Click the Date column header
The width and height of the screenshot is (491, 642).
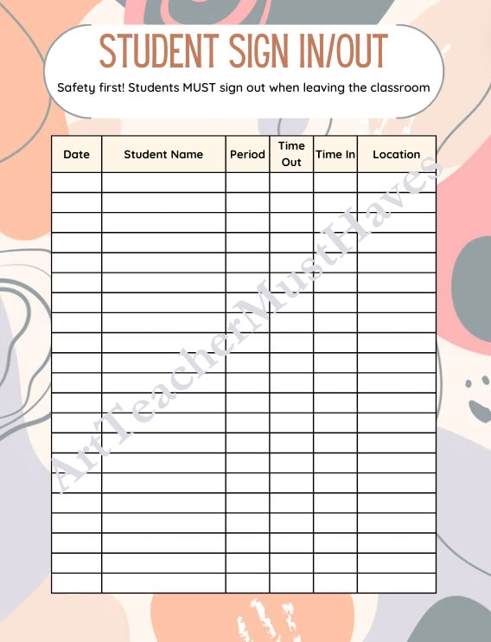[x=76, y=155]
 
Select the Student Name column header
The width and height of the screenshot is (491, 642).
[x=163, y=155]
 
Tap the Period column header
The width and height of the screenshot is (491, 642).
[x=247, y=155]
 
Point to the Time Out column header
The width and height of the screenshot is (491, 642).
[x=291, y=154]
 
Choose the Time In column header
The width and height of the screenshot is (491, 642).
[x=335, y=155]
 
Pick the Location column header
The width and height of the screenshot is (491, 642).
[x=396, y=155]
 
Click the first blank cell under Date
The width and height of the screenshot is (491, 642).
[x=76, y=182]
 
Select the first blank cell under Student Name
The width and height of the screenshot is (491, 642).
[x=163, y=182]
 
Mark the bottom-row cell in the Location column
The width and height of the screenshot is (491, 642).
[x=396, y=583]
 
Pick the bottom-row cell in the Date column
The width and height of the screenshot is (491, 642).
[x=76, y=583]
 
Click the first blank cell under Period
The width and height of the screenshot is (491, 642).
[x=247, y=182]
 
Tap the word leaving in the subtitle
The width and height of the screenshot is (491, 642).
[x=318, y=88]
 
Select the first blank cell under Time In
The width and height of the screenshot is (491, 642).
[x=335, y=182]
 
